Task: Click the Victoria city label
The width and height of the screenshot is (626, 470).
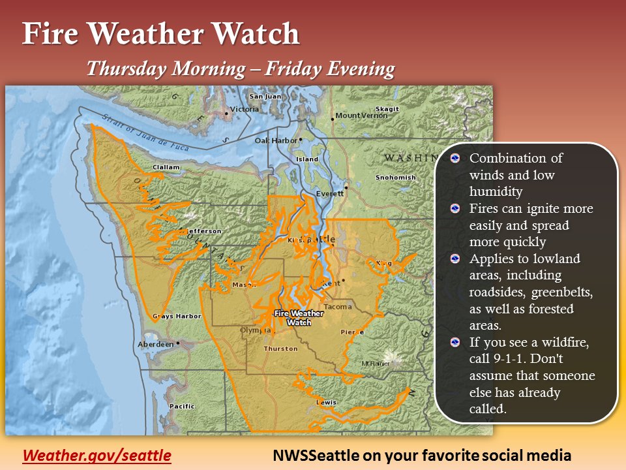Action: click(245, 109)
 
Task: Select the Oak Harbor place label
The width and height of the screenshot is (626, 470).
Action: click(274, 140)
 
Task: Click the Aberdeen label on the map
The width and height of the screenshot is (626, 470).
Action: click(155, 344)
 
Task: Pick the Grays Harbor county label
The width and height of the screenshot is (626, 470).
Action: click(177, 317)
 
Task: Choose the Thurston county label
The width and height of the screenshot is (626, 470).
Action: click(280, 349)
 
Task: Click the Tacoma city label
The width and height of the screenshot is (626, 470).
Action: click(337, 306)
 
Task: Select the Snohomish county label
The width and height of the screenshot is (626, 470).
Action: click(395, 178)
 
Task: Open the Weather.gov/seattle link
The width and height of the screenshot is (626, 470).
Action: click(97, 455)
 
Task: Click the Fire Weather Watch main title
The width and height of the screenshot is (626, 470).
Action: click(161, 34)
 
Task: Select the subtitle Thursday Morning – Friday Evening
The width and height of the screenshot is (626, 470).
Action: click(241, 69)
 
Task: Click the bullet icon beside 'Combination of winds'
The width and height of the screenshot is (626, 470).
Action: click(456, 159)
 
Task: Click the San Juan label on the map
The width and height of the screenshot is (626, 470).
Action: click(265, 97)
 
